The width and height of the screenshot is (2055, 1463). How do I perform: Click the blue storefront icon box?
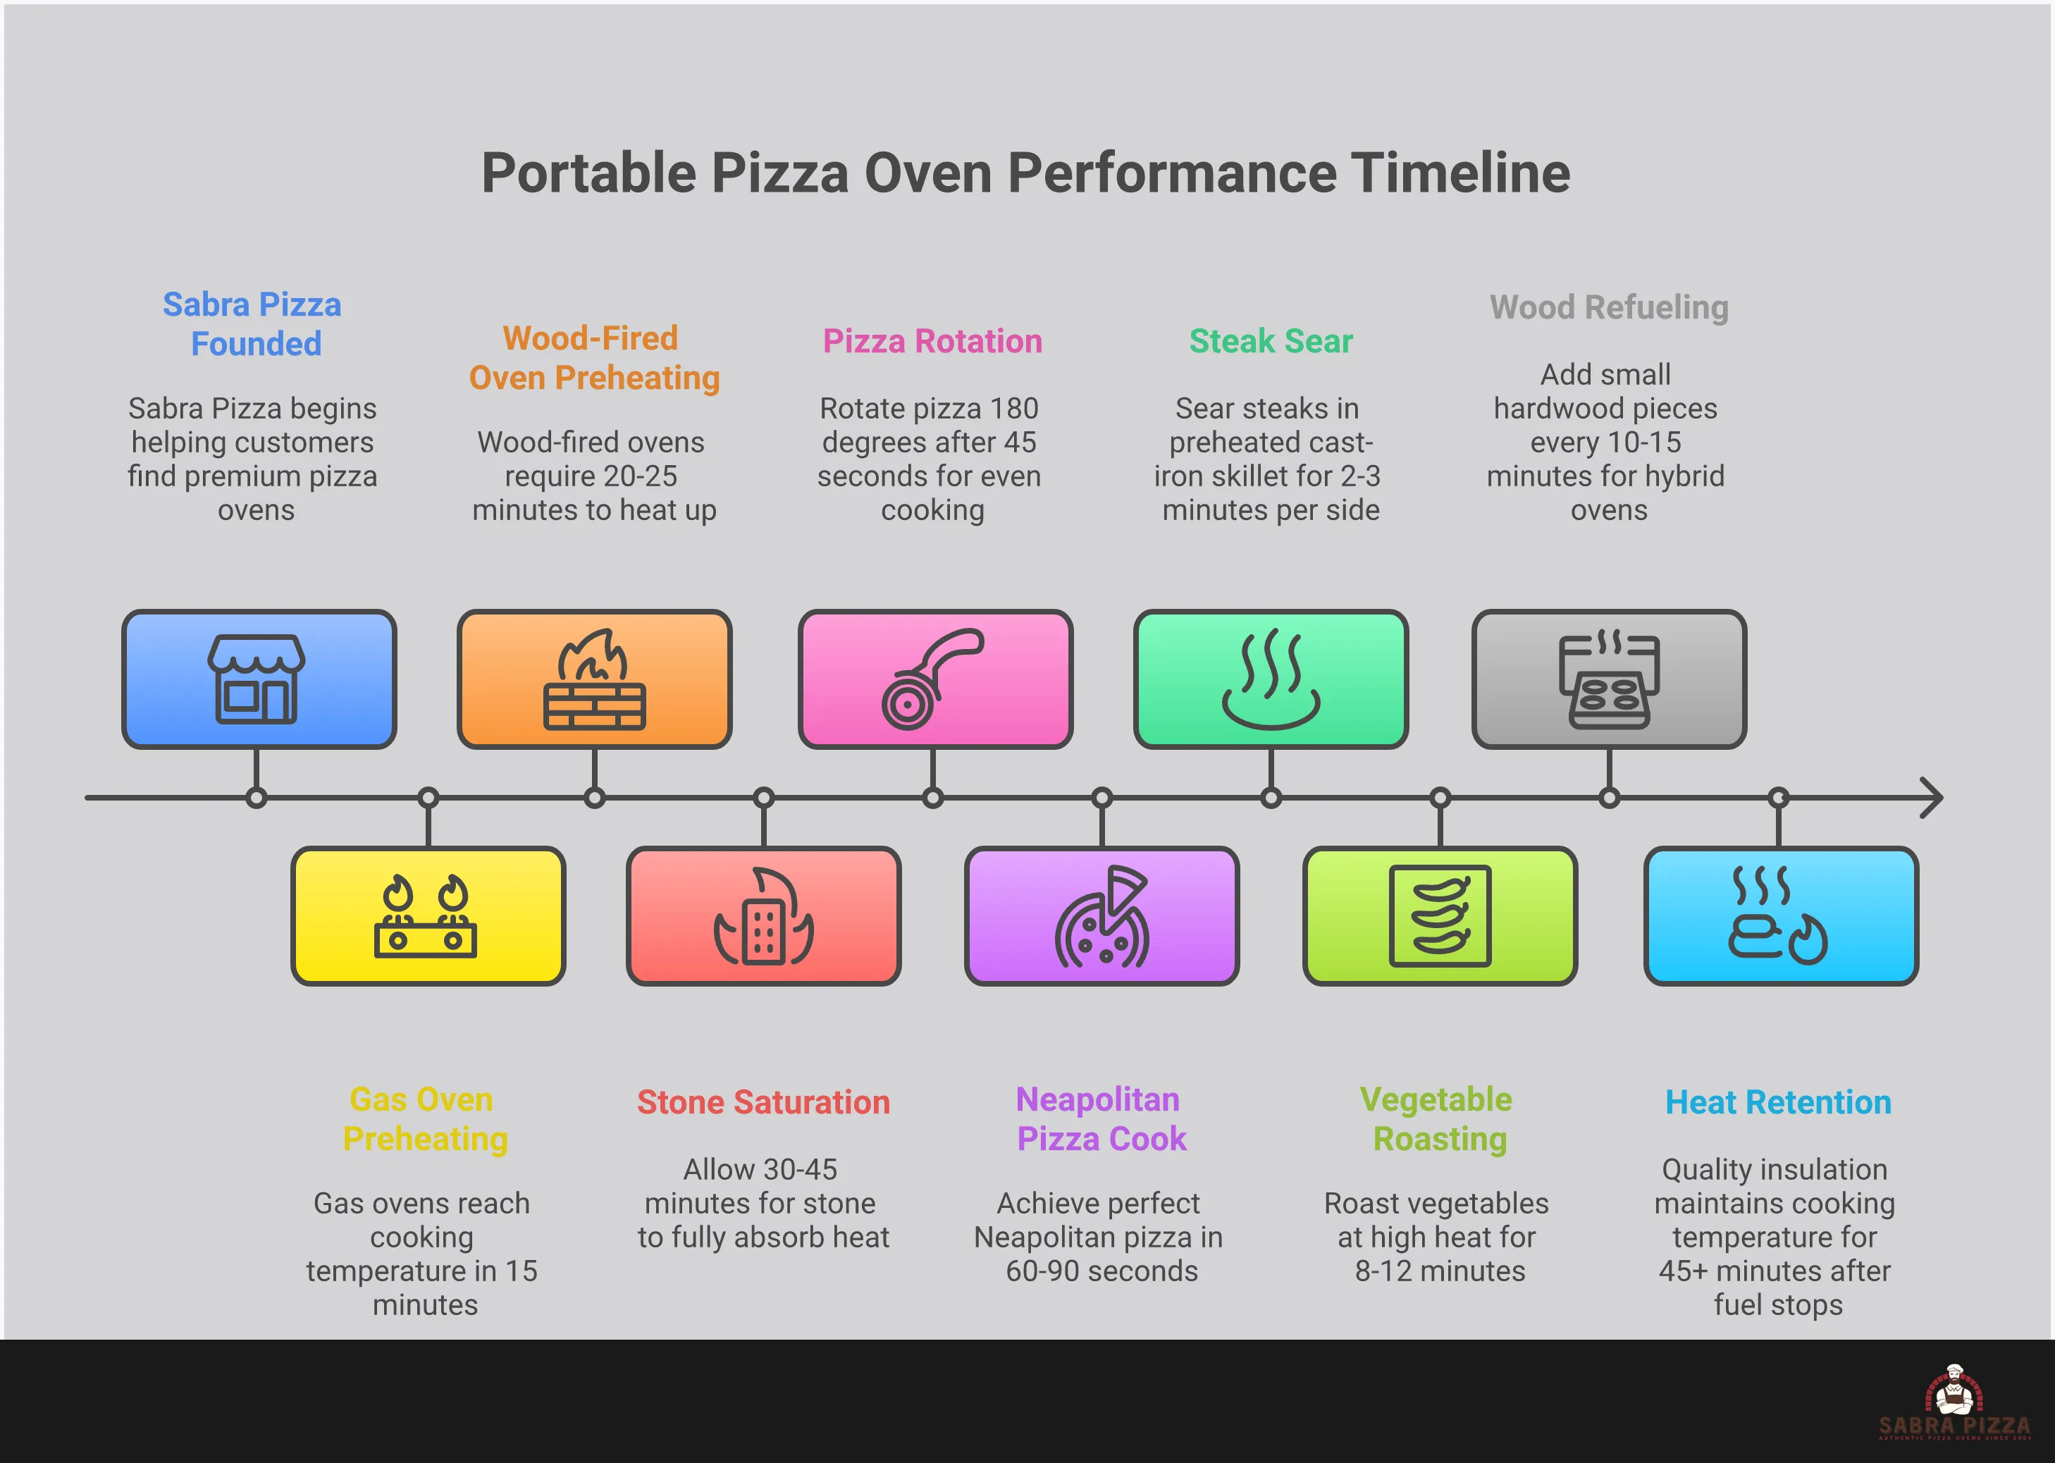click(x=259, y=679)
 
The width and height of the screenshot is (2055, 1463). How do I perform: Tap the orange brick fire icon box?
click(x=593, y=679)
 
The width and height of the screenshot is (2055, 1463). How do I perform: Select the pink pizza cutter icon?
click(x=933, y=679)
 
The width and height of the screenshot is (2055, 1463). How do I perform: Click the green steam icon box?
click(x=1271, y=679)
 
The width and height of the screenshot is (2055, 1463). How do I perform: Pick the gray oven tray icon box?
click(x=1609, y=679)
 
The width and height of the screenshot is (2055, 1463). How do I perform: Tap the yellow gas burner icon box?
click(x=428, y=916)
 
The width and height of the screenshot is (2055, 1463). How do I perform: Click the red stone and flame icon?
click(x=764, y=916)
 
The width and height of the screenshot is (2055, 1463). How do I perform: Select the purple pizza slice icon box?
click(x=1101, y=916)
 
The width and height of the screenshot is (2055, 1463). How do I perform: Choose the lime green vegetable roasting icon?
click(x=1440, y=916)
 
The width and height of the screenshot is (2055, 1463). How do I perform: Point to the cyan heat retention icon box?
click(x=1780, y=916)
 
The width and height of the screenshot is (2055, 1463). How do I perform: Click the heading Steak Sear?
click(x=1271, y=341)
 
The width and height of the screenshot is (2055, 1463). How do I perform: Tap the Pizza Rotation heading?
click(x=932, y=341)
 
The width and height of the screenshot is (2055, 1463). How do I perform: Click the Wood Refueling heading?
click(x=1609, y=307)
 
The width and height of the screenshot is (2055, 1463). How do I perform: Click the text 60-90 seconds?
click(x=1101, y=1271)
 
